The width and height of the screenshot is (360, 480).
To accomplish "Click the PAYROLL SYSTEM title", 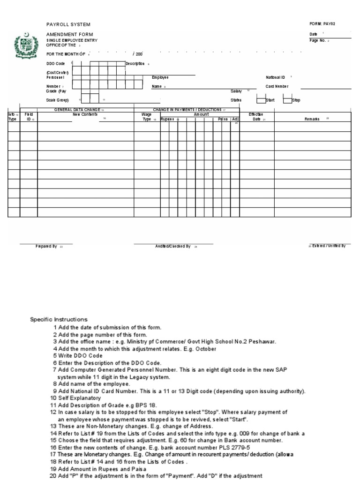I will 68,24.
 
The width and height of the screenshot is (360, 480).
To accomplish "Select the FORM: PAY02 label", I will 322,24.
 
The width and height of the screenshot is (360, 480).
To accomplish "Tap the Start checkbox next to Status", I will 261,99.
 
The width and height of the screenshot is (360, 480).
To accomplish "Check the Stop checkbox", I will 286,99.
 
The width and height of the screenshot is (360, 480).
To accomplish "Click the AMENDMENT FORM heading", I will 69,35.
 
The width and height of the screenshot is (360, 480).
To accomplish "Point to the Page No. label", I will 318,40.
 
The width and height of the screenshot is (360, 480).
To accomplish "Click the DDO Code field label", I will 55,63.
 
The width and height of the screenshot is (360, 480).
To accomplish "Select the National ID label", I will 275,77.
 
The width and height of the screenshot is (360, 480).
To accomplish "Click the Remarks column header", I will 312,119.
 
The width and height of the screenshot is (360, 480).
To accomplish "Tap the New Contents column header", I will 85,114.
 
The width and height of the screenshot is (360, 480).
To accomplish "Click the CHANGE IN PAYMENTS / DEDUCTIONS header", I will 187,110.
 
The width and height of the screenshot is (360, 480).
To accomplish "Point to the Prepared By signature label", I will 46,246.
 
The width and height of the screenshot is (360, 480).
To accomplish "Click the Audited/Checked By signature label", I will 172,246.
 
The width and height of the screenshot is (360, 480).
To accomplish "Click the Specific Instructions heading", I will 59,320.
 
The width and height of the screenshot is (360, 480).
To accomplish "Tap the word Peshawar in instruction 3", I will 262,342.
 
